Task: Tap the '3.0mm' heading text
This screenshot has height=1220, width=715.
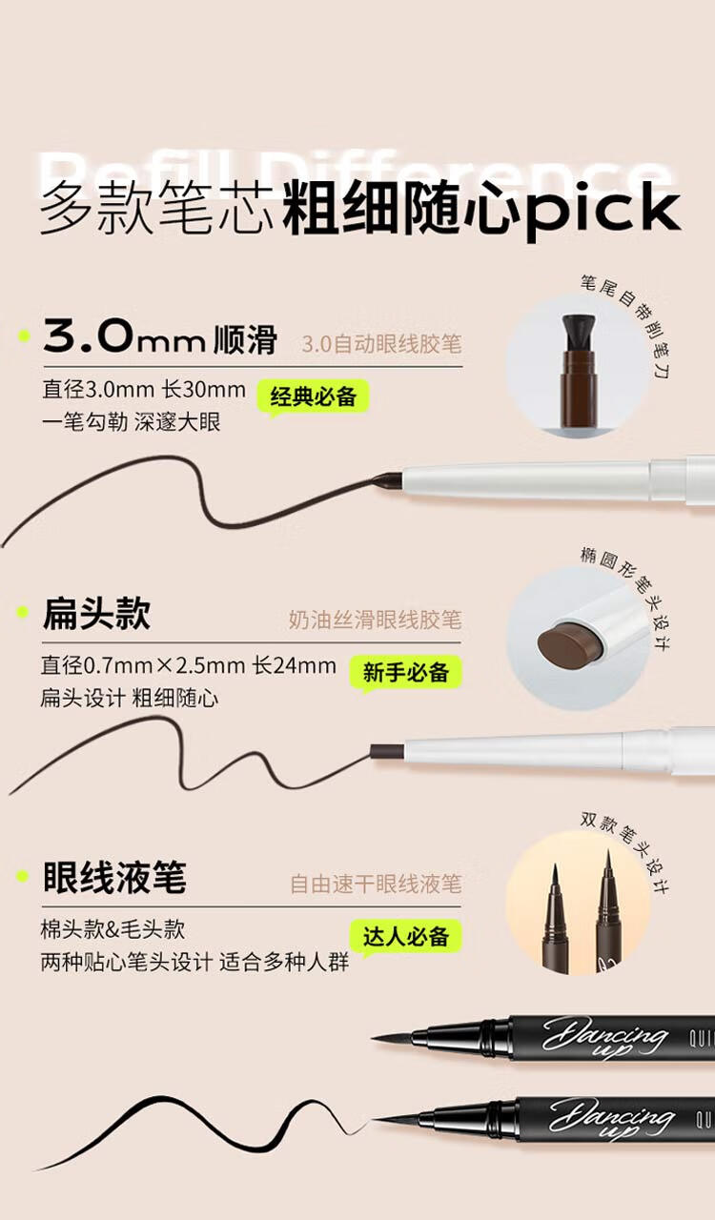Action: click(x=125, y=338)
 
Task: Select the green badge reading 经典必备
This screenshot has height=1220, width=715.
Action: click(x=314, y=396)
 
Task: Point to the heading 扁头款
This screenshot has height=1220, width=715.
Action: click(x=96, y=615)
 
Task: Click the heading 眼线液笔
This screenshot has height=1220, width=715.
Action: click(x=114, y=878)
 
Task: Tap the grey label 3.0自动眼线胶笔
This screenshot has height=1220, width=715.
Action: click(x=381, y=344)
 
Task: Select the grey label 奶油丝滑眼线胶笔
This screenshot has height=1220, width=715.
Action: click(x=375, y=620)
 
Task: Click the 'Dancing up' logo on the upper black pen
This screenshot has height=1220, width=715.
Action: click(x=605, y=1036)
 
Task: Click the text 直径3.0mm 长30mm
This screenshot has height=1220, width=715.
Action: click(x=143, y=390)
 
